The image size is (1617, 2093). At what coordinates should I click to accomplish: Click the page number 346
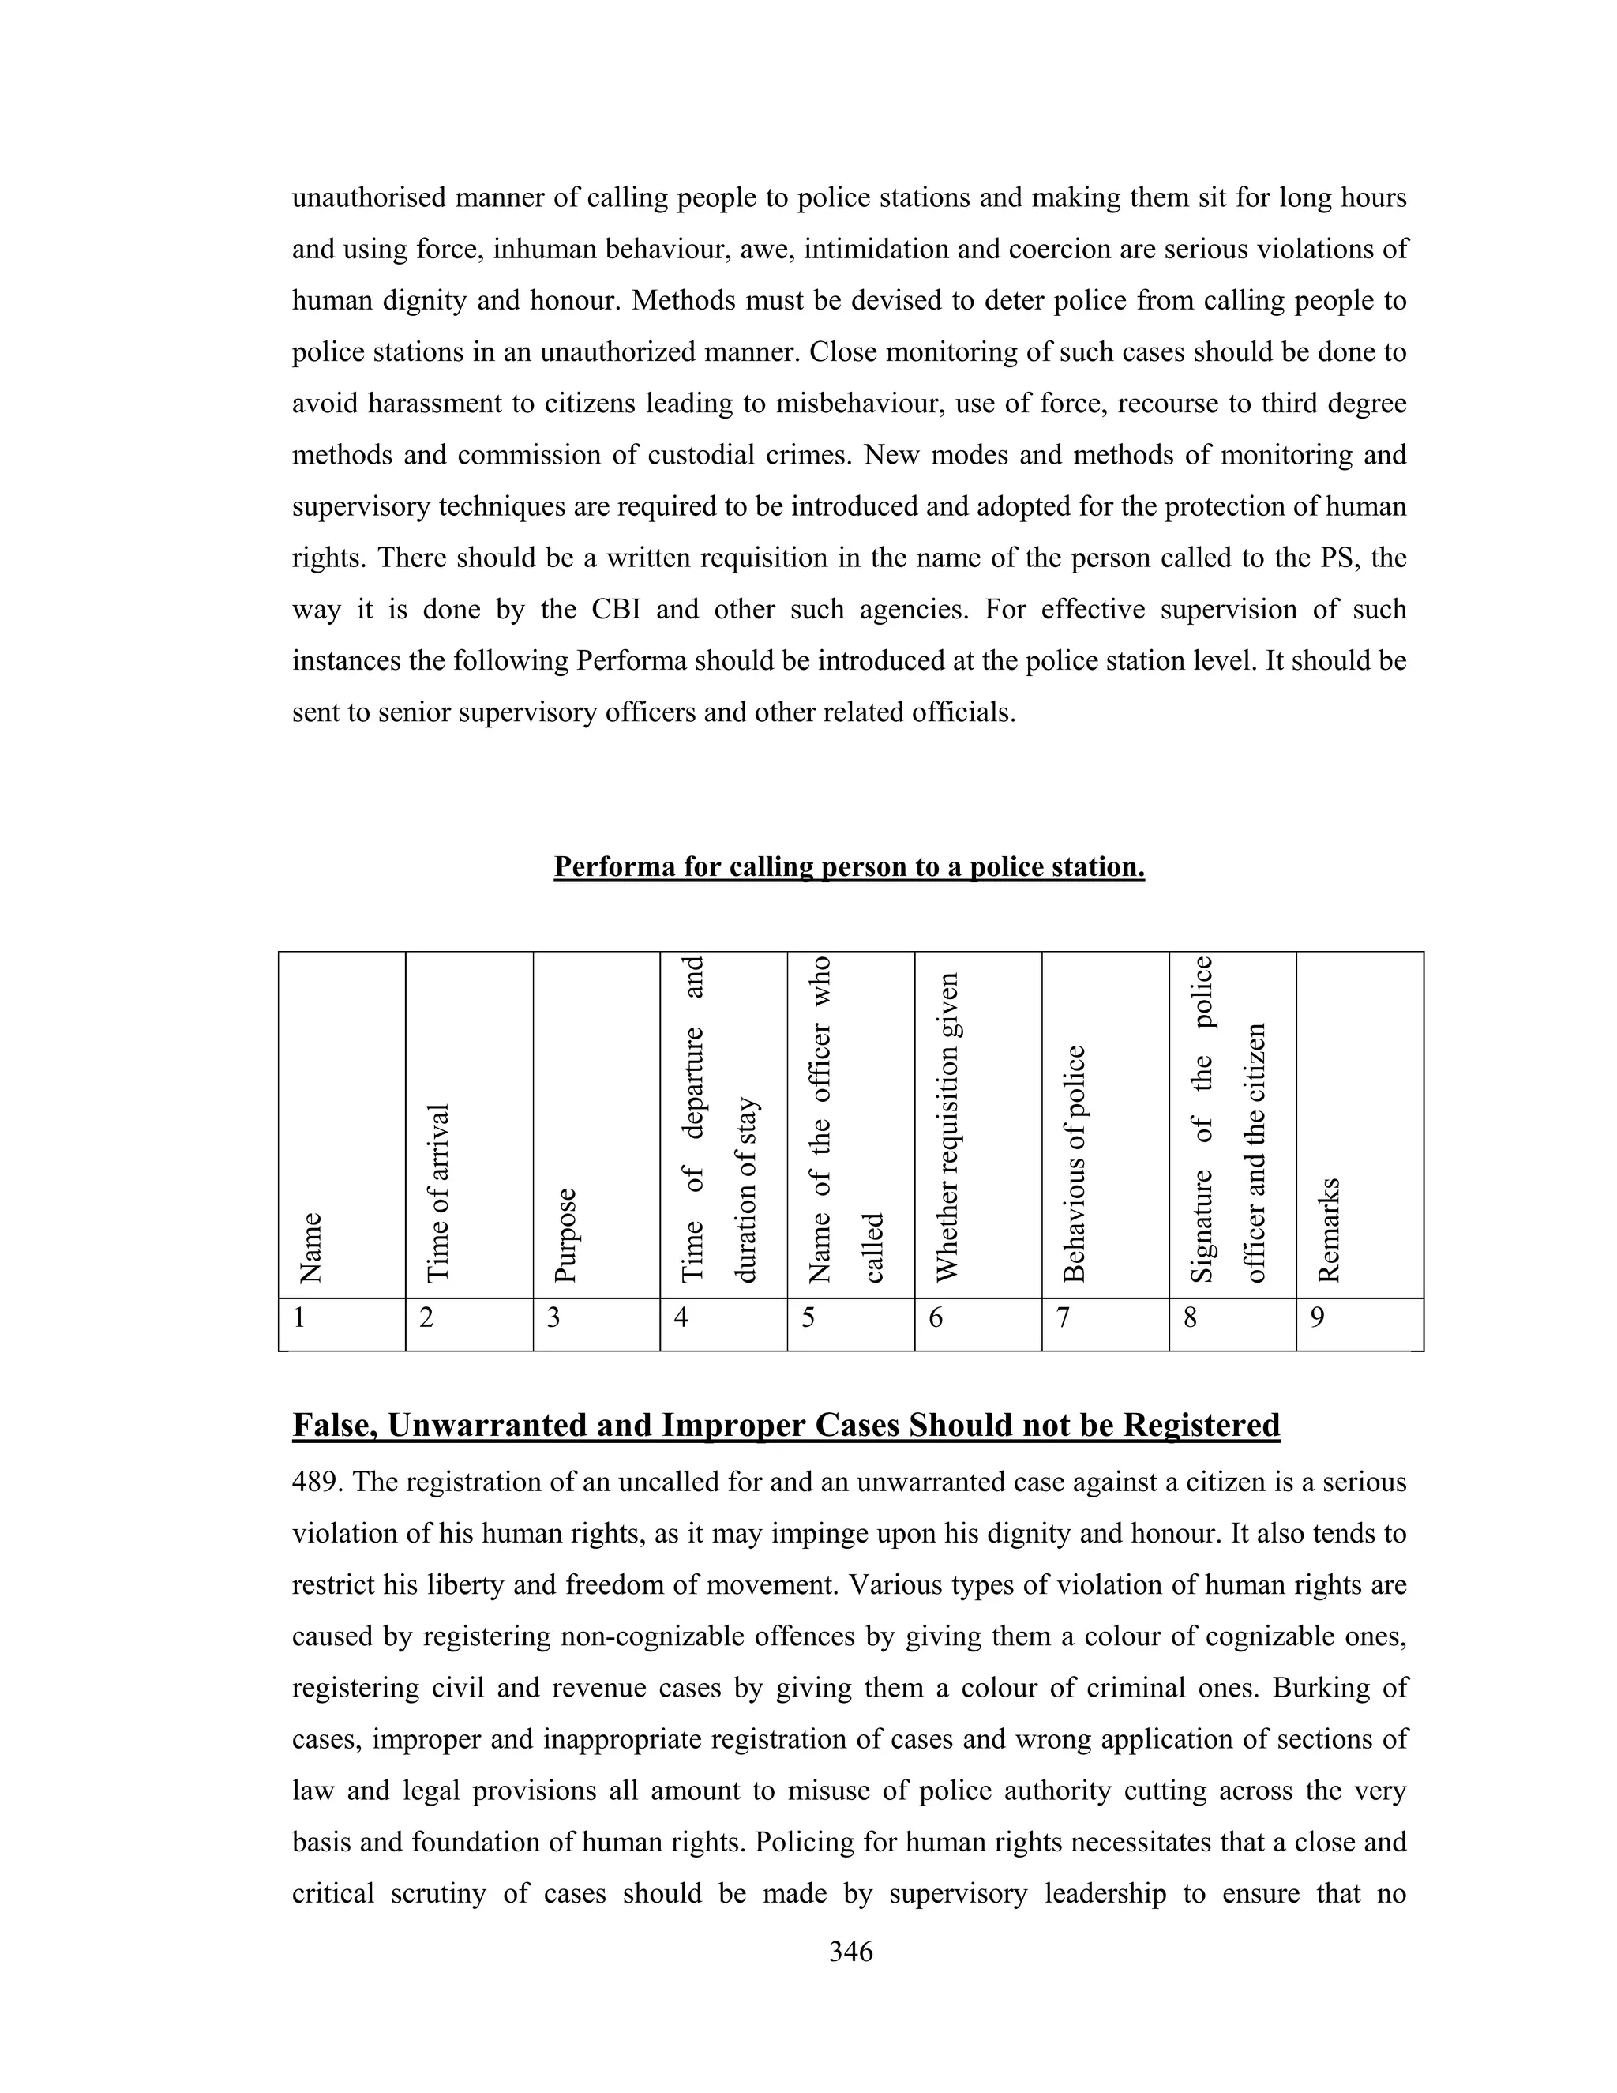click(850, 1951)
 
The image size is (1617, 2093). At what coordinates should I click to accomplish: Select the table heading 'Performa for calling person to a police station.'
click(849, 866)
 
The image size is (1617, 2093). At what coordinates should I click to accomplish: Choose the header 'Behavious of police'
click(1075, 1163)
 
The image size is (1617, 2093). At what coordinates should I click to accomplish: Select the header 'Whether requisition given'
click(947, 1127)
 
